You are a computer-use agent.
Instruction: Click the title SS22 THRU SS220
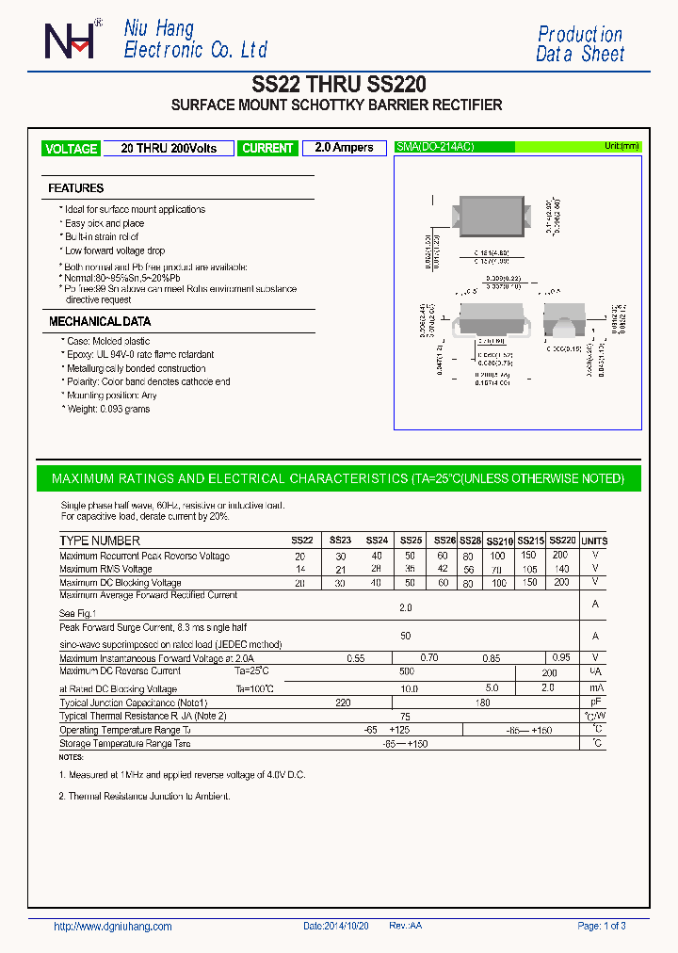338,84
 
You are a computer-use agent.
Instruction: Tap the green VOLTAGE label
72,149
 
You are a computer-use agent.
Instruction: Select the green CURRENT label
267,149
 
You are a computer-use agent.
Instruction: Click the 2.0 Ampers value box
344,148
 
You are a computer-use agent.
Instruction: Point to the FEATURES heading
76,188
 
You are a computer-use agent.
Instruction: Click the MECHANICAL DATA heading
100,322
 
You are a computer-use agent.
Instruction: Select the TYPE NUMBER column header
100,541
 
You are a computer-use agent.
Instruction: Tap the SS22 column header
301,541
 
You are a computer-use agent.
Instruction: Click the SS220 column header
562,541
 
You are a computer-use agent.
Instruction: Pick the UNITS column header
594,541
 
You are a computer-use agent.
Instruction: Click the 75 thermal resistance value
406,716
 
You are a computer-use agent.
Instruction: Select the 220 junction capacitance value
343,703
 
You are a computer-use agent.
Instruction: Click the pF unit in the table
595,703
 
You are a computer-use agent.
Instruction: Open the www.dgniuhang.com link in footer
113,927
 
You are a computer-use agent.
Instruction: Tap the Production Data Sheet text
580,44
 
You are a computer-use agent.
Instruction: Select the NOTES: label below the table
72,757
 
